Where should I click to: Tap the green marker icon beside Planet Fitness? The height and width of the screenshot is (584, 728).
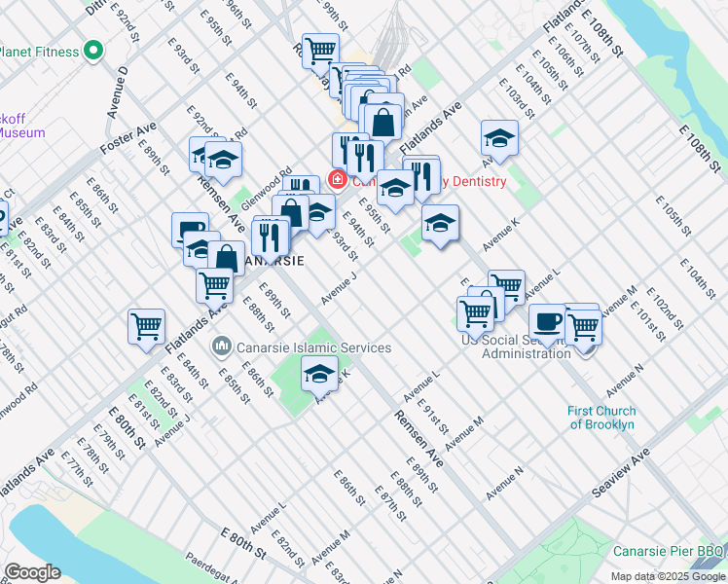(94, 50)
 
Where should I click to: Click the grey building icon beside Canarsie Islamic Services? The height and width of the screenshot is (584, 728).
(223, 347)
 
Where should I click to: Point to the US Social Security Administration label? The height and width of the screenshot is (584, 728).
(516, 346)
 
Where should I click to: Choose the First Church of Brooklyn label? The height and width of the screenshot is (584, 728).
(601, 417)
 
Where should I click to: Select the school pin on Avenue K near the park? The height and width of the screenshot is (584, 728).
(320, 373)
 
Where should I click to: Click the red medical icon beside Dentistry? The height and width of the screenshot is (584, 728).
(338, 180)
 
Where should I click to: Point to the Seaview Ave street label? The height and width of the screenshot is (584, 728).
(621, 474)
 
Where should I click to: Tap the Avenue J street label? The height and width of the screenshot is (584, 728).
(342, 287)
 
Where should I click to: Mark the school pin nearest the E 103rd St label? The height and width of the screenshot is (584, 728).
(499, 138)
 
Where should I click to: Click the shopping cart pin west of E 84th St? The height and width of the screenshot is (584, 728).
(146, 327)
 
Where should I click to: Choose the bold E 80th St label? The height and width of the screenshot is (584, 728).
(127, 426)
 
